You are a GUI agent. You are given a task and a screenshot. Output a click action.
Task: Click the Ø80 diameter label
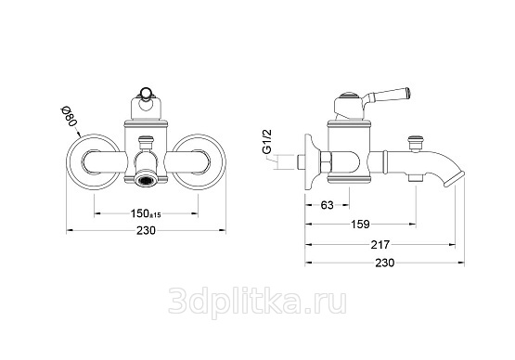[70, 118]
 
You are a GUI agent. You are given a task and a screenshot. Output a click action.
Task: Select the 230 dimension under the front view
[146, 231]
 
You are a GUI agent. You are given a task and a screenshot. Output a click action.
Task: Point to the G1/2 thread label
[267, 142]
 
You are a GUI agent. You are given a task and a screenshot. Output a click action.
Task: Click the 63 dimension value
[328, 205]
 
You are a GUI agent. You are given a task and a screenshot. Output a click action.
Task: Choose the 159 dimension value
[361, 225]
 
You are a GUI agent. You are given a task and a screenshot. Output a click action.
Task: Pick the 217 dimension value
[380, 245]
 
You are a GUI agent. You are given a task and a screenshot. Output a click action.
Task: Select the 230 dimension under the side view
[384, 263]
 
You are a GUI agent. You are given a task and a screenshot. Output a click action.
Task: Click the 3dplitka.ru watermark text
[258, 302]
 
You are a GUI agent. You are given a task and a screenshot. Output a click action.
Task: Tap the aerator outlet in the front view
[147, 179]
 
